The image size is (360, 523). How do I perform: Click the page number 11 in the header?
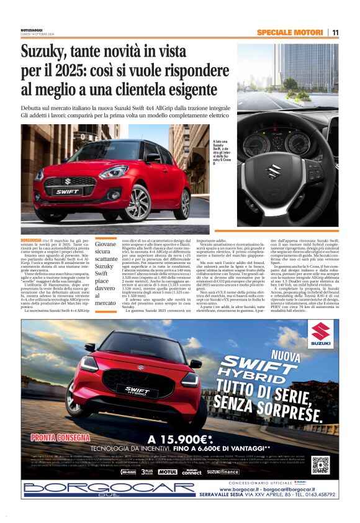(335, 32)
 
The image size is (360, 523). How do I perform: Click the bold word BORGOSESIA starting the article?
(32, 239)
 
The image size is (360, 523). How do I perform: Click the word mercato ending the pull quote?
(106, 302)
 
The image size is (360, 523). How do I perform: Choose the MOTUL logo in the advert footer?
(167, 472)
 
